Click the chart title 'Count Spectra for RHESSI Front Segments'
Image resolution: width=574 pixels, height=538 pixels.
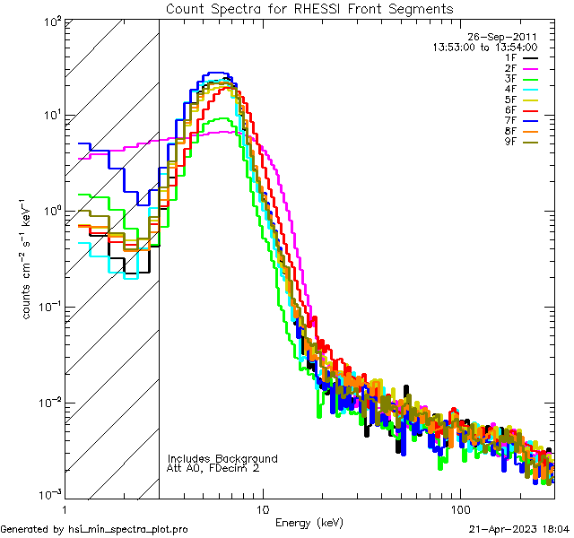point(309,8)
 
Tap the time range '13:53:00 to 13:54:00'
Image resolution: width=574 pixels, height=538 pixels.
point(484,48)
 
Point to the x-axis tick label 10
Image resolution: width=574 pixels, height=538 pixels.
point(262,508)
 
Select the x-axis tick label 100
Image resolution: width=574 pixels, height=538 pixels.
point(459,508)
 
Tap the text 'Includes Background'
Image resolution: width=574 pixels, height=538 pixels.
point(222,458)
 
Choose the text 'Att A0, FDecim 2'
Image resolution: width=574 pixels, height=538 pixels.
point(213,468)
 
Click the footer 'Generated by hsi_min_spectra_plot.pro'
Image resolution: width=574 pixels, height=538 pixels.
point(94,530)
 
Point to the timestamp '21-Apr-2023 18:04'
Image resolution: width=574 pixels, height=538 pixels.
point(518,530)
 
